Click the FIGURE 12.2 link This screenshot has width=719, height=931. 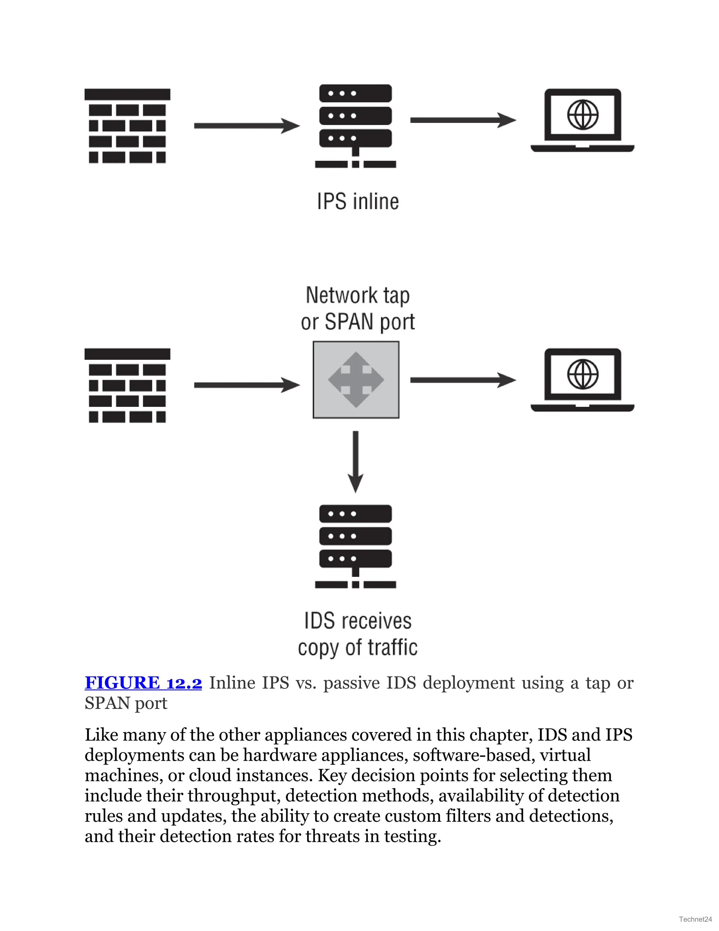(143, 683)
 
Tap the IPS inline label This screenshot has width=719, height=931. (358, 201)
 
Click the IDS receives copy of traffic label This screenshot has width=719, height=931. (358, 634)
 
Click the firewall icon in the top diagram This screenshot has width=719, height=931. (127, 126)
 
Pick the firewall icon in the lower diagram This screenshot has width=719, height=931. (127, 385)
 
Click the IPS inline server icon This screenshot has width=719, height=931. (356, 126)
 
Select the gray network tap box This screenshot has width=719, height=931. (356, 380)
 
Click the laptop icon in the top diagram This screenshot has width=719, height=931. (582, 121)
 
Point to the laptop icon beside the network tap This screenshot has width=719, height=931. (582, 380)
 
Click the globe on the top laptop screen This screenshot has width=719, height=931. (583, 114)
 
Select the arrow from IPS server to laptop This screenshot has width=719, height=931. (463, 120)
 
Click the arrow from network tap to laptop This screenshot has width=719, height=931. (463, 380)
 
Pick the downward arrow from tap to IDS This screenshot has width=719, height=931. (356, 461)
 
